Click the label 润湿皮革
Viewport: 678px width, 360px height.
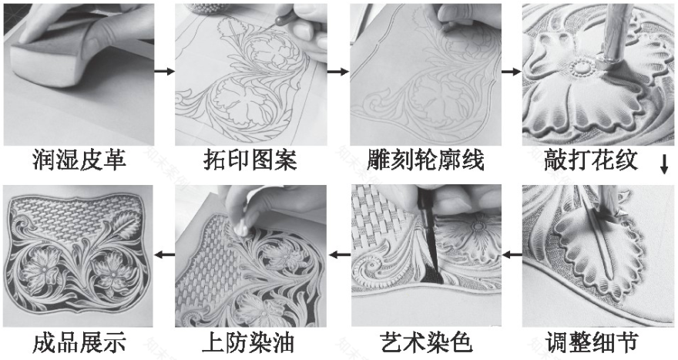coord(79,161)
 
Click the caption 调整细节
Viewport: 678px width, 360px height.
coord(592,342)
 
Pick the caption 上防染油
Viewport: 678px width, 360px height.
coord(250,342)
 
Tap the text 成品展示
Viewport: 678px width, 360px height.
coord(79,342)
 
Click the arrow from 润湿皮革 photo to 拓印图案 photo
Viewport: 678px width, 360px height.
coord(163,72)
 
